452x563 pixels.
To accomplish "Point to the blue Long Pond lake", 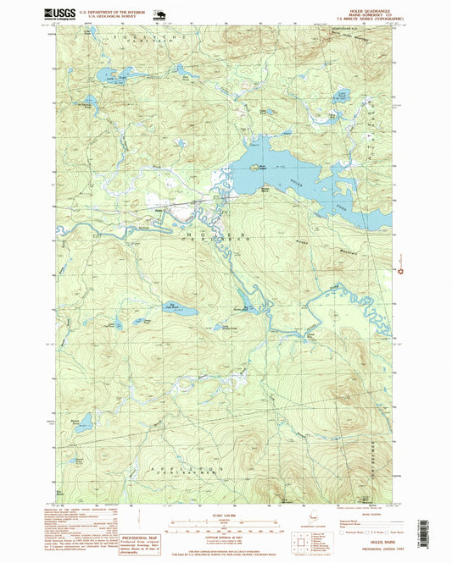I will pyautogui.click(x=110, y=76).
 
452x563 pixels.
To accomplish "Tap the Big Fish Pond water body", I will pyautogui.click(x=180, y=311).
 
